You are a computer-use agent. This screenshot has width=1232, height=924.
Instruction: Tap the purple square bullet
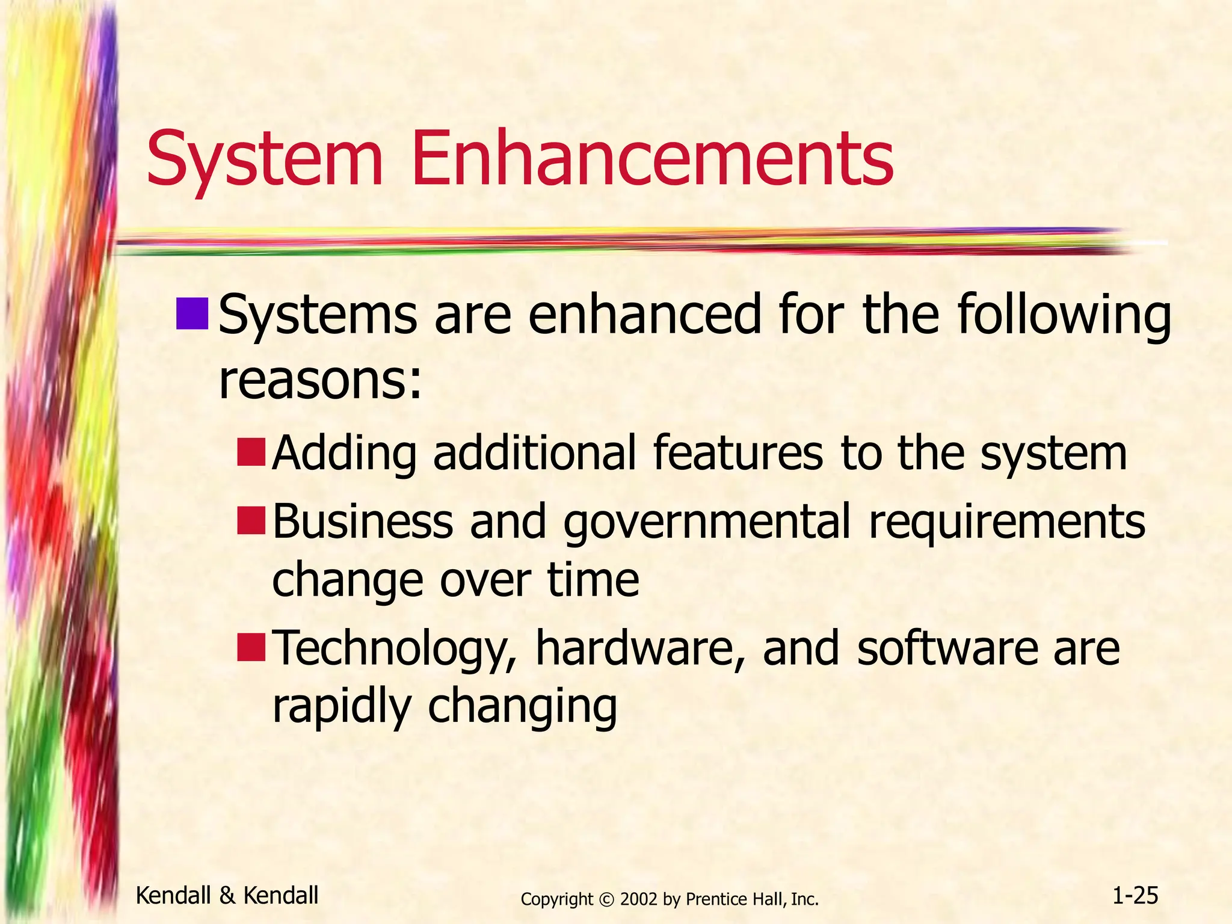[192, 314]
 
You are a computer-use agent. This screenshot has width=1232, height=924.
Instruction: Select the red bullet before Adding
[251, 453]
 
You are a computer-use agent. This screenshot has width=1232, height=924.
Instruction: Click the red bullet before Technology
[251, 647]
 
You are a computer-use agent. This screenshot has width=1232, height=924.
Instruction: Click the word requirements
[1007, 522]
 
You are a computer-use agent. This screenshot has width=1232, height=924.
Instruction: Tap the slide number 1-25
[1135, 896]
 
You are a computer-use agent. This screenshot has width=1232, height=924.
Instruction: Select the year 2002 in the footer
[639, 899]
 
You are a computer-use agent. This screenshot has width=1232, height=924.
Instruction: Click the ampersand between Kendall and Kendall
[227, 896]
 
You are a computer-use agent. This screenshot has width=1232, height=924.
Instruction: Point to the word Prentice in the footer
[712, 899]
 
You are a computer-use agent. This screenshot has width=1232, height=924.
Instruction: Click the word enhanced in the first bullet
[644, 316]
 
